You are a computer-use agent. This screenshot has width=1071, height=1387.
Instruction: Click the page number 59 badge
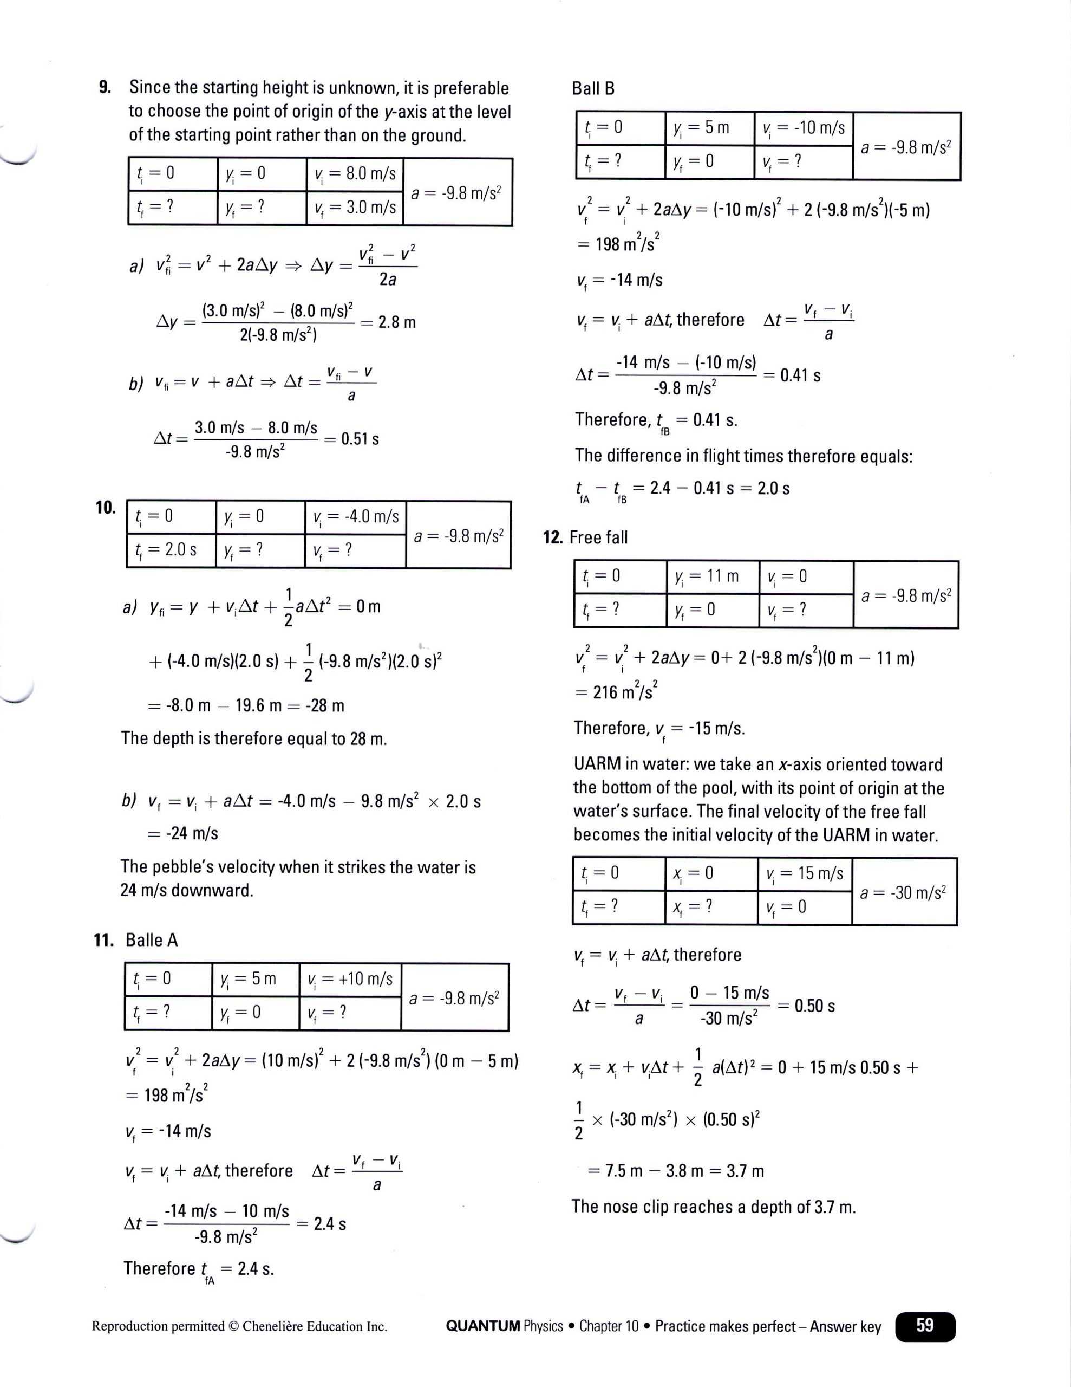click(924, 1325)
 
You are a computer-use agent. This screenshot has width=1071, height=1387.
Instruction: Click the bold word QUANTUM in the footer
click(482, 1326)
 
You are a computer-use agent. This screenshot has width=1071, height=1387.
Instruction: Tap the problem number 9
click(105, 87)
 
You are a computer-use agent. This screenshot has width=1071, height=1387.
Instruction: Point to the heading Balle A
click(151, 940)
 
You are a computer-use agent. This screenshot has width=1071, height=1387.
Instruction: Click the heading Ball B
click(593, 88)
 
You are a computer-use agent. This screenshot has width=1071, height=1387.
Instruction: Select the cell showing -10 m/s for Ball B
click(804, 128)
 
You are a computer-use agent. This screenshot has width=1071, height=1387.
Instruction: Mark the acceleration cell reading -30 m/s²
click(903, 893)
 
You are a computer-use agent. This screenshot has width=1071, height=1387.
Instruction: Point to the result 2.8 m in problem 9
click(397, 322)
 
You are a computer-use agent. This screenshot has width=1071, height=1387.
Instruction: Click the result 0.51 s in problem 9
click(360, 439)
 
